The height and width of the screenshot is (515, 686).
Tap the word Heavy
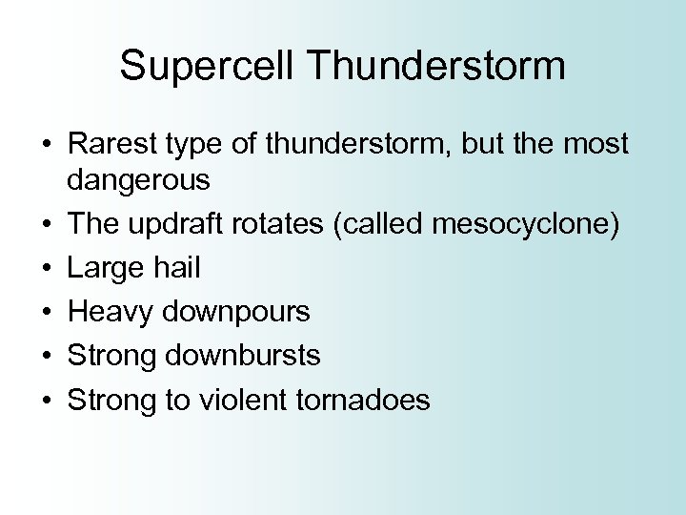point(109,312)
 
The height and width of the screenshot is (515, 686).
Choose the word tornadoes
point(362,400)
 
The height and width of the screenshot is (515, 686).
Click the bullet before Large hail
point(45,269)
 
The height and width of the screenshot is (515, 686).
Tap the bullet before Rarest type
point(45,145)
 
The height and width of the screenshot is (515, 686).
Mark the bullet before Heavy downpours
point(45,313)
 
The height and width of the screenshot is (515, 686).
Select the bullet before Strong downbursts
point(45,357)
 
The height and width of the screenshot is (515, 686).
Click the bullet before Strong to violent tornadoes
point(45,401)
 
